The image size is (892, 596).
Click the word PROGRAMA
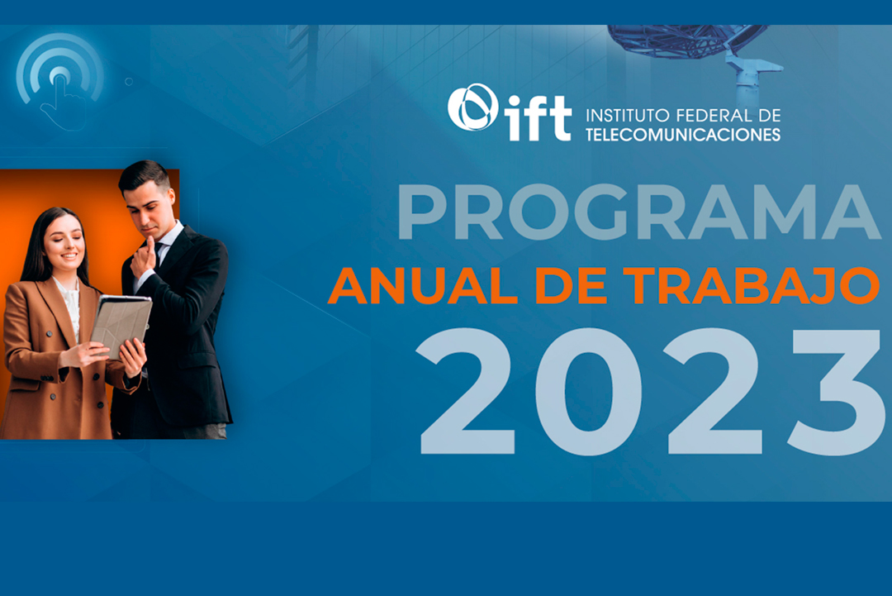[638, 212]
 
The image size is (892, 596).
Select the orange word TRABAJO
[751, 286]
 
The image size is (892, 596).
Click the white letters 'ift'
[538, 118]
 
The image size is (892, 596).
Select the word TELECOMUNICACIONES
[683, 135]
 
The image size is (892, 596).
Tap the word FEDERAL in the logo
[709, 116]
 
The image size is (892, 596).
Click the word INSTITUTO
[628, 116]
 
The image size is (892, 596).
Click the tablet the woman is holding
[121, 326]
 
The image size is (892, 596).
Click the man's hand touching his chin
[145, 259]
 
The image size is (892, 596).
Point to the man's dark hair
[144, 174]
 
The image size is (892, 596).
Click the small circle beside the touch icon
[129, 82]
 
